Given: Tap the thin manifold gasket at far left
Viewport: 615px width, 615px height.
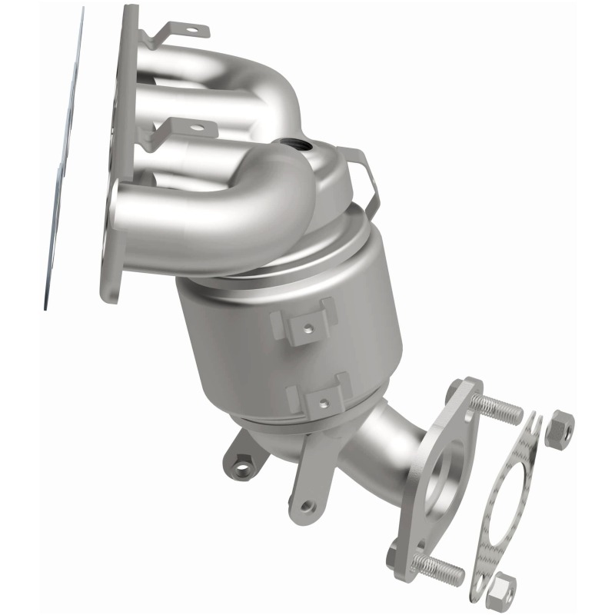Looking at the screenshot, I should [x=65, y=154].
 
